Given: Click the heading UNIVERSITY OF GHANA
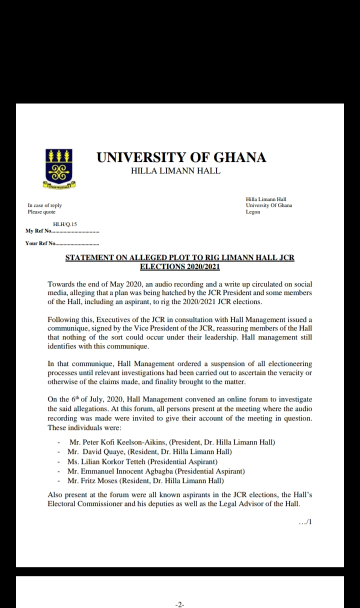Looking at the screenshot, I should tap(181, 157).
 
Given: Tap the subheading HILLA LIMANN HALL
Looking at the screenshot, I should tap(175, 171).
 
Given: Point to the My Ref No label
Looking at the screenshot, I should tap(38, 231).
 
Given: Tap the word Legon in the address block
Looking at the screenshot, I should tap(253, 212).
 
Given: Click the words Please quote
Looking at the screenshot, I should tap(41, 212).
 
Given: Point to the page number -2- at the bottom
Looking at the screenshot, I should tap(180, 604).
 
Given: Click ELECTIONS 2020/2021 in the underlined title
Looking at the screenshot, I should tap(180, 266).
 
